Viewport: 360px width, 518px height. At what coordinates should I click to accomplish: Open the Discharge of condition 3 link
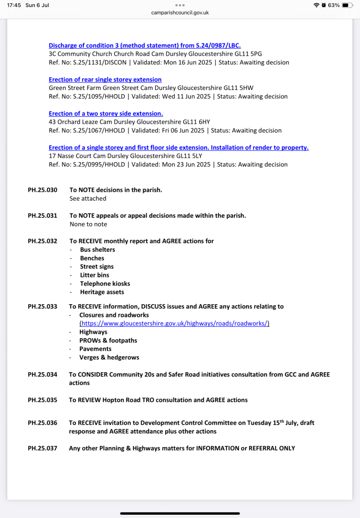click(144, 45)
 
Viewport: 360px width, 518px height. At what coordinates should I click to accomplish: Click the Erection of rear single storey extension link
click(105, 80)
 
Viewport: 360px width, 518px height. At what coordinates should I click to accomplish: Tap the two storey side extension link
click(106, 113)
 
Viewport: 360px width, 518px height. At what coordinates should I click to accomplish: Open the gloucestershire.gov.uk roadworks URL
click(174, 323)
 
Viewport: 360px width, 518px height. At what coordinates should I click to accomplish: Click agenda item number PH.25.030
click(43, 190)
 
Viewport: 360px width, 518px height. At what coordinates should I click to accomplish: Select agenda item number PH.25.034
click(43, 375)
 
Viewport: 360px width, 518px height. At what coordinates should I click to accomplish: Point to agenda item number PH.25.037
click(43, 448)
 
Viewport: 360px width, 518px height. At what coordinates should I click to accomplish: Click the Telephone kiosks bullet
click(105, 284)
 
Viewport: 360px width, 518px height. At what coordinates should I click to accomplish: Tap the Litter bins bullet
click(94, 275)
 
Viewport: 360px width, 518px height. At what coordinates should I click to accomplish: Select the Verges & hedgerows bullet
click(109, 357)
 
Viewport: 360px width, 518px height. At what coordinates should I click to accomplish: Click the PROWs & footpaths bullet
click(108, 340)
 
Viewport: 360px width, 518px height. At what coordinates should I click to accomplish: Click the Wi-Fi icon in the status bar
click(316, 5)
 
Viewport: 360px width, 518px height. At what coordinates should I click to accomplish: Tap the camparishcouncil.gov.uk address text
click(180, 13)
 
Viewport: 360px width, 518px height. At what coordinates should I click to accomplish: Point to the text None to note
click(88, 224)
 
